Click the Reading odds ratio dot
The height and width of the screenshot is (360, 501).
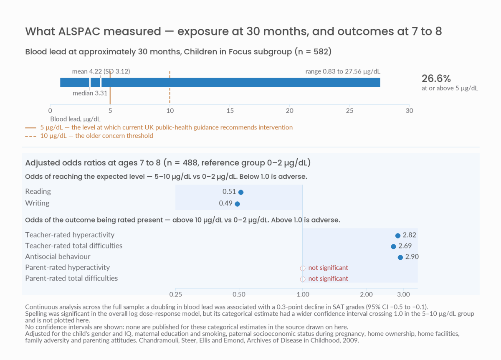coord(241,192)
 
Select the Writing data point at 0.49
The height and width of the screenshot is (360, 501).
coord(237,204)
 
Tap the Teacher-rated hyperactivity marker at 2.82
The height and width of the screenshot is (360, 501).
coord(397,236)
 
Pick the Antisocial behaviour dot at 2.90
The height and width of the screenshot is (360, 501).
coord(400,257)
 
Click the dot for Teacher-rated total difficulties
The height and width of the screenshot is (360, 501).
coord(393,246)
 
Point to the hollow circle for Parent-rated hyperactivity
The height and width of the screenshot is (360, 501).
coord(303,268)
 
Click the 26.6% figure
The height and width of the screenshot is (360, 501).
coord(436,79)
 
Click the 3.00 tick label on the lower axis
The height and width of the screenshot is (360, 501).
coord(403,294)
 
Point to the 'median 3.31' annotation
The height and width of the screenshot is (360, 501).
coord(90,93)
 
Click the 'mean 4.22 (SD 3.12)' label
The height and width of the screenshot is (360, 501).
coord(101,71)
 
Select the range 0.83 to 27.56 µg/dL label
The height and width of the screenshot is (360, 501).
coord(343,71)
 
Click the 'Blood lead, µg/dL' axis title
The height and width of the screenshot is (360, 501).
coord(76,119)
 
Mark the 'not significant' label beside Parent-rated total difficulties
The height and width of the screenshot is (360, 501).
coord(328,279)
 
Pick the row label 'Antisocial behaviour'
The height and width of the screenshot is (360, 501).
coord(58,256)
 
